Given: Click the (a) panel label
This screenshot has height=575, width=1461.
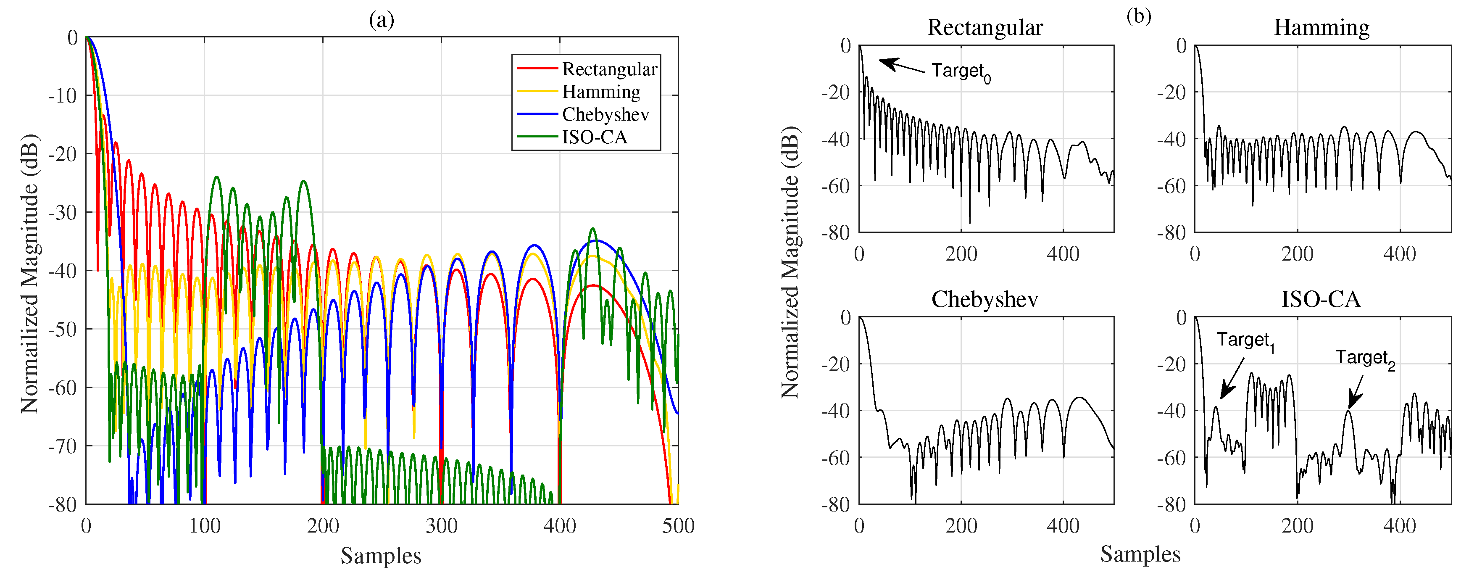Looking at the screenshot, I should [381, 21].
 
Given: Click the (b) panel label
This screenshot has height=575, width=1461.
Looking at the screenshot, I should [1139, 16].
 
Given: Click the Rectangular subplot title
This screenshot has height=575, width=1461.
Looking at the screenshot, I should [985, 27].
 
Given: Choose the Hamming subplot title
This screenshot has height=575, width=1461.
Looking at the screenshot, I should [1321, 27].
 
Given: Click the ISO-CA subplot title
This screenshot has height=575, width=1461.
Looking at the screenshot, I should [1321, 299].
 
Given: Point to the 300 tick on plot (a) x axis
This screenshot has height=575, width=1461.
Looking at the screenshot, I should [441, 526].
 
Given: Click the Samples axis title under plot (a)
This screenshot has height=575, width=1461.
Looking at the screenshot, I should [381, 555].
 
